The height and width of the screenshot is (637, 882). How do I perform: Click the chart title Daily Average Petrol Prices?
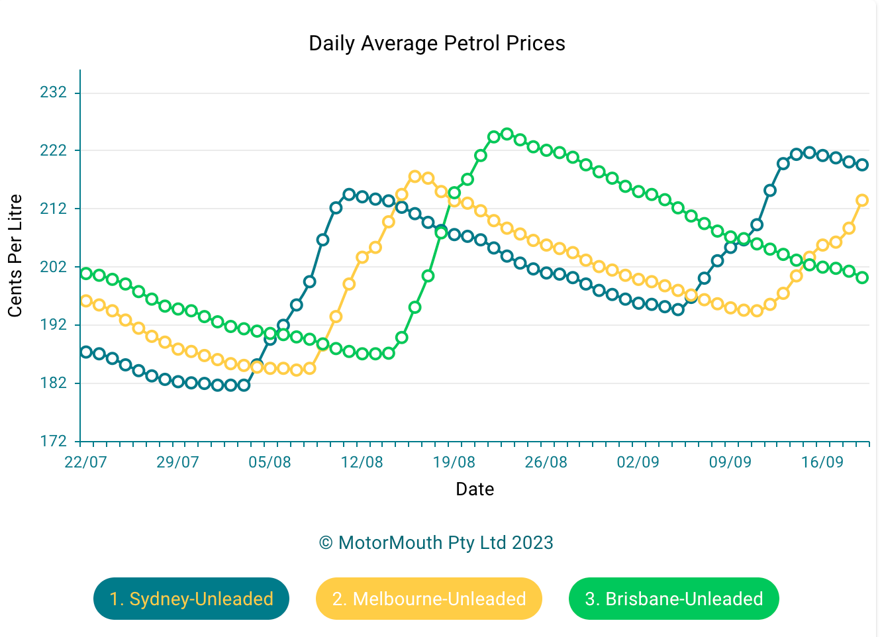[x=437, y=44]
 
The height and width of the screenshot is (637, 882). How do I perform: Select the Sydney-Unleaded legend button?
[x=191, y=599]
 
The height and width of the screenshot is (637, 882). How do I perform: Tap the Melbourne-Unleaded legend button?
[x=429, y=599]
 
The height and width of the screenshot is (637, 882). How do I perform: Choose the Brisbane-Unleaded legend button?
[x=673, y=599]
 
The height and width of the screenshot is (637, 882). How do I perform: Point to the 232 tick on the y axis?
[x=54, y=92]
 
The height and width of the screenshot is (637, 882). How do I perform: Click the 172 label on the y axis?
[x=54, y=441]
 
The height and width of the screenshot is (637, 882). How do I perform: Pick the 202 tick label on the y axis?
[x=54, y=267]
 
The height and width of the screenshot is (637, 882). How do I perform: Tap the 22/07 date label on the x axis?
[x=85, y=462]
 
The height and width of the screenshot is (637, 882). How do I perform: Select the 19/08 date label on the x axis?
[x=454, y=462]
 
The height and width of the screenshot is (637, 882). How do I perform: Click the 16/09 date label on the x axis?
[x=822, y=462]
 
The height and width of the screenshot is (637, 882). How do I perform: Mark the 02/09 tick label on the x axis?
[x=638, y=462]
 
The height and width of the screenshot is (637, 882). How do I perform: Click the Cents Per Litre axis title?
[x=15, y=256]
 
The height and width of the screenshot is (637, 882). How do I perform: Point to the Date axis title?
[x=475, y=489]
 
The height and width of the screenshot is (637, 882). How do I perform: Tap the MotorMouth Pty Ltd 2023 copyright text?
[x=436, y=543]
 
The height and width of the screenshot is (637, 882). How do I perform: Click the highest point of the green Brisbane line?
[x=507, y=134]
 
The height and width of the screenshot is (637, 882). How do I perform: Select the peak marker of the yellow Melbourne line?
[x=415, y=176]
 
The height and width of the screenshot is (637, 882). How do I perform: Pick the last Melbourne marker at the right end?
[x=862, y=200]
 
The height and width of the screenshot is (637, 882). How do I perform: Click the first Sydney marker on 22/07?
[x=86, y=352]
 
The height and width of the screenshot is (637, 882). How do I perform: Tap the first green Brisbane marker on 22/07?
[x=86, y=273]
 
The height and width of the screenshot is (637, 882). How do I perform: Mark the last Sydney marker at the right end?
[x=862, y=165]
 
